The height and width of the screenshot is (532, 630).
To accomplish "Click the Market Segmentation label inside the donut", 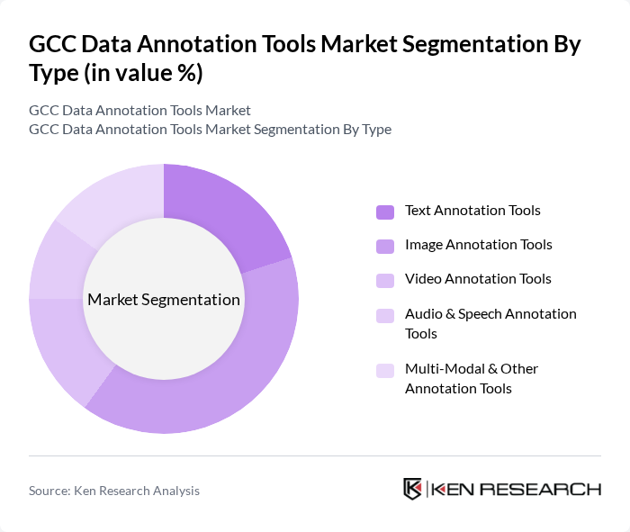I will click(x=164, y=300).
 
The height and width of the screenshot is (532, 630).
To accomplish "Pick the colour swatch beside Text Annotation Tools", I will click(x=385, y=212).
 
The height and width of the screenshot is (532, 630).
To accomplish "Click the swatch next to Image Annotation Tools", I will click(x=385, y=246).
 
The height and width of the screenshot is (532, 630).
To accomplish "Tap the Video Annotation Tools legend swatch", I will click(x=385, y=280).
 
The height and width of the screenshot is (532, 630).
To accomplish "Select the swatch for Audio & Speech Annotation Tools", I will click(x=385, y=315).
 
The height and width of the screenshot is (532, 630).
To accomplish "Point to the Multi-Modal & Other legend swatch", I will click(x=385, y=370).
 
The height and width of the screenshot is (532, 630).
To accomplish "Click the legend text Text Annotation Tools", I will click(x=472, y=211).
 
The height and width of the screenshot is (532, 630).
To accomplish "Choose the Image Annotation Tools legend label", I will click(x=478, y=245).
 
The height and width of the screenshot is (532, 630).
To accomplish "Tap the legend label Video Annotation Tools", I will click(x=478, y=279).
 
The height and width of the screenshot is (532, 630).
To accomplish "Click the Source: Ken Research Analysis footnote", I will click(x=114, y=491).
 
